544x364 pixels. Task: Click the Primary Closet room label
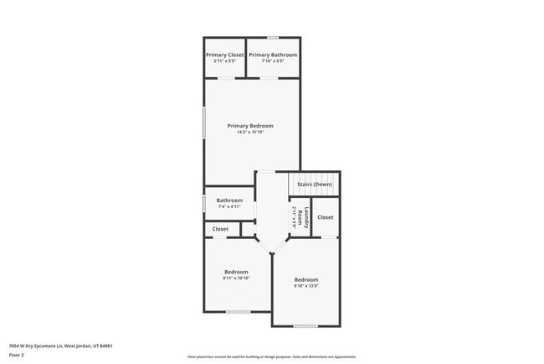[x=225, y=55]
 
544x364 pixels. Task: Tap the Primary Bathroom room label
[x=273, y=55]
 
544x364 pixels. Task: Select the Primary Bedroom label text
[x=250, y=126]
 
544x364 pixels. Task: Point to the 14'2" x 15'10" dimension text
[x=250, y=133]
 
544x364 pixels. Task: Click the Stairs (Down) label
[x=315, y=184]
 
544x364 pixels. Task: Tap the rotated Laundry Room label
[x=307, y=216]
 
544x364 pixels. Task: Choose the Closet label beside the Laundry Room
[x=326, y=217]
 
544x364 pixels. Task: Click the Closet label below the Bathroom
[x=220, y=229]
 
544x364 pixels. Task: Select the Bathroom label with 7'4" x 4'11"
[x=229, y=200]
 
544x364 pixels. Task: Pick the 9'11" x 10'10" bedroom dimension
[x=236, y=278]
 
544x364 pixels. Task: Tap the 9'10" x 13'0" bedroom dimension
[x=305, y=286]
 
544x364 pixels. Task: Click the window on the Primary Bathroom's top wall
[x=273, y=37]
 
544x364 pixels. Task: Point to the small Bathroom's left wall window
[x=204, y=203]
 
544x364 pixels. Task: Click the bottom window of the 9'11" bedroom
[x=238, y=312]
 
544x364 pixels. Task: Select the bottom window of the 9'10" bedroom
[x=305, y=326]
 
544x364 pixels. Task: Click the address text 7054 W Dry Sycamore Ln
[x=60, y=346]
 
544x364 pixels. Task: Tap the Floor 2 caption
[x=17, y=355]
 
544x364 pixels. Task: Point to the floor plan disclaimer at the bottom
[x=271, y=357]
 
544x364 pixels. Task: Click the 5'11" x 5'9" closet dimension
[x=225, y=61]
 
